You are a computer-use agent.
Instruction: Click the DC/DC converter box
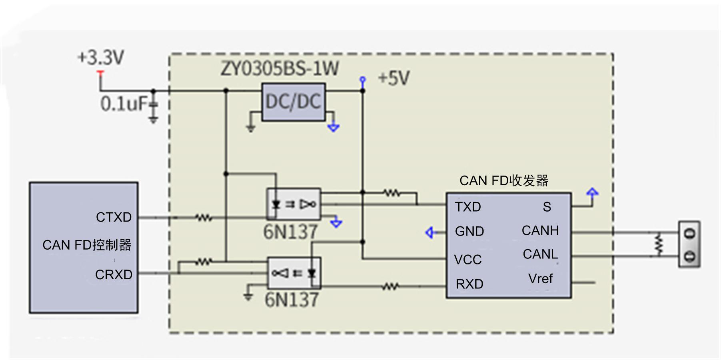(x=293, y=102)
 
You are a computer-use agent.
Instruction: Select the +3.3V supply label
(x=101, y=57)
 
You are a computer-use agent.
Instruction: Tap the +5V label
(x=394, y=78)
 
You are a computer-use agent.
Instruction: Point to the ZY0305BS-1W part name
(x=280, y=68)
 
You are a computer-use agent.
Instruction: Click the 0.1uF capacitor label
(x=124, y=104)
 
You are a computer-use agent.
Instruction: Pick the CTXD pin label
(x=114, y=217)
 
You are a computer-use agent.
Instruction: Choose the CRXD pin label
(x=114, y=275)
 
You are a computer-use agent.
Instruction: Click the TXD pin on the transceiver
(x=468, y=207)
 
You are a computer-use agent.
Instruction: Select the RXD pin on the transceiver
(x=469, y=284)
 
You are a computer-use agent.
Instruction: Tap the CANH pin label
(x=540, y=230)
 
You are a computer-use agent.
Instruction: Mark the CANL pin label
(x=540, y=254)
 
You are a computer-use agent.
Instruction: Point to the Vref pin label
(x=540, y=278)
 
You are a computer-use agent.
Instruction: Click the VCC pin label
(x=468, y=260)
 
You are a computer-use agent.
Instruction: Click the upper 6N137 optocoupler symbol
(x=294, y=204)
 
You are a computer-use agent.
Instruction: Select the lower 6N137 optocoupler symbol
(x=294, y=273)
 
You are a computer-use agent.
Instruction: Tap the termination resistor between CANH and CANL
(x=659, y=244)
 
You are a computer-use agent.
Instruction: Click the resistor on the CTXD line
(x=204, y=218)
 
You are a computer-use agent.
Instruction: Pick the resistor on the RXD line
(x=390, y=286)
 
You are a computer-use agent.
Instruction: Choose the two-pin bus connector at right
(x=689, y=244)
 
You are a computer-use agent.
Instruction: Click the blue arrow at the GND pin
(x=430, y=232)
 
